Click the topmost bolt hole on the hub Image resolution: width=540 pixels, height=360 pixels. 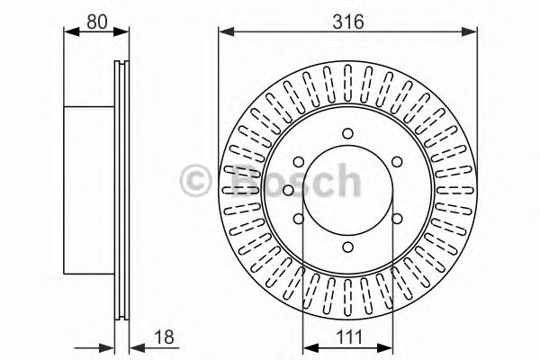tap(346, 135)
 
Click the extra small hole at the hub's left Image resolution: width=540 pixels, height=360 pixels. tap(287, 190)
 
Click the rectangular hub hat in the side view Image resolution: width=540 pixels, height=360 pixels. tap(90, 190)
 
